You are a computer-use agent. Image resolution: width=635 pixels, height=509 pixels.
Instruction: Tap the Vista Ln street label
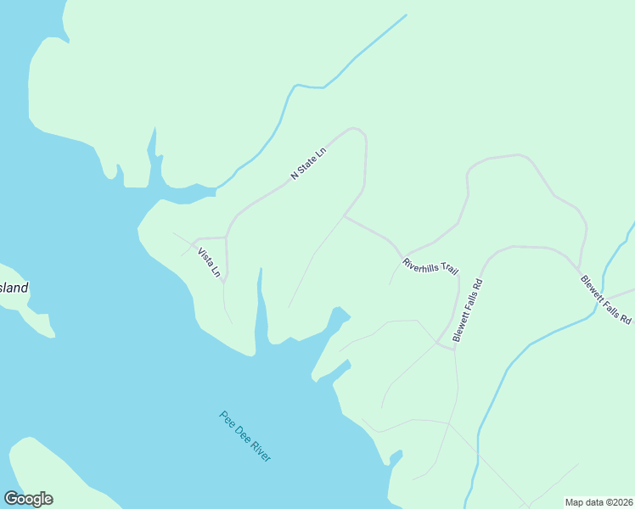209,263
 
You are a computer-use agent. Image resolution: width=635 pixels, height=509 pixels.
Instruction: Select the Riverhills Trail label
430,266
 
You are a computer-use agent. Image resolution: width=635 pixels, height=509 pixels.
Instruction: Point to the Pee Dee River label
245,436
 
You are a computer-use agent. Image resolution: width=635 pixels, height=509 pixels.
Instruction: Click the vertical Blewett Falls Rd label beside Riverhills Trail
468,310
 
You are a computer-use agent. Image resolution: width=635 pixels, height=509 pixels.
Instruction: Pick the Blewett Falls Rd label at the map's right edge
606,299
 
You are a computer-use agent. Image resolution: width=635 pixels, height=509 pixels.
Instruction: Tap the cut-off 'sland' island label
14,288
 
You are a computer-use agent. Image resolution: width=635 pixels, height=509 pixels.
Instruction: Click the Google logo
28,499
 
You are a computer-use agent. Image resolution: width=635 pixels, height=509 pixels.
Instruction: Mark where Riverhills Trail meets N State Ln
343,216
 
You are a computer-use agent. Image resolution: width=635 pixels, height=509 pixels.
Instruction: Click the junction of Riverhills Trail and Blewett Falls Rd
438,343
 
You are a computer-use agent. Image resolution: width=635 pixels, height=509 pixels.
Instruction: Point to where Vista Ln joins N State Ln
226,237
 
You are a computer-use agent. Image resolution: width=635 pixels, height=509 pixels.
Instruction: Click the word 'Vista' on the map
205,257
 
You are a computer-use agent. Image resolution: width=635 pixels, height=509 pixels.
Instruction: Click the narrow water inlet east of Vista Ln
261,301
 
